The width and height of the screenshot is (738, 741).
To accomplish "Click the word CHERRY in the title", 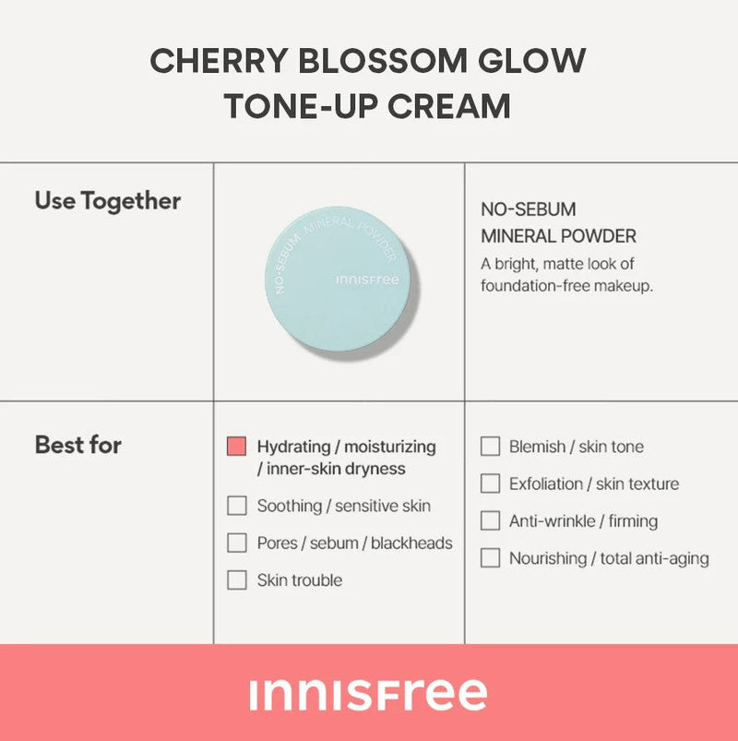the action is pos(219,61).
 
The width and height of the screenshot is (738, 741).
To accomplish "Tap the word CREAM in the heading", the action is pos(449,106).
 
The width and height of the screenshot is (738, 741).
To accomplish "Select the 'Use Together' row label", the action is pos(108,201).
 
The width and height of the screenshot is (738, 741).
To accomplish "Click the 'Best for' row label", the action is pos(78,445).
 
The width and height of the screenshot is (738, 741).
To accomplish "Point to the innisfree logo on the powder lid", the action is pos(367,280).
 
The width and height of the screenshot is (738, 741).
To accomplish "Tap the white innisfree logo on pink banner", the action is pos(368,695).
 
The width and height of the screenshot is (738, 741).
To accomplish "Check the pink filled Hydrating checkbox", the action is pos(236,446).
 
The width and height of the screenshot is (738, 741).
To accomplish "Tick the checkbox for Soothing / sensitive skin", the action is pos(237,506).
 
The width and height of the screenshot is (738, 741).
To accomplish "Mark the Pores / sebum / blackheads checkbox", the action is pos(237,543).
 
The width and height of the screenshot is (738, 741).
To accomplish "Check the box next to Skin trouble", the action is pos(237,580).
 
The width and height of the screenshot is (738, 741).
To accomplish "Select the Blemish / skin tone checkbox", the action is pos(490,446).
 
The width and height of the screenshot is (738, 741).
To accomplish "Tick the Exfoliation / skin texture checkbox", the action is pos(490,484).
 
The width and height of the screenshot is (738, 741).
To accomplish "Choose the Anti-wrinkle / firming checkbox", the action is pos(490,520).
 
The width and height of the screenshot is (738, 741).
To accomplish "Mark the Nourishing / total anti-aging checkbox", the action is pos(490,558).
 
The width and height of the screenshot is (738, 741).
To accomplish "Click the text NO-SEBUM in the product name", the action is pos(529,209).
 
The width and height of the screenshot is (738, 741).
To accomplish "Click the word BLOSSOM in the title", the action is pos(383,61).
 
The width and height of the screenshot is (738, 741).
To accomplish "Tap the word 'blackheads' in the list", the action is pos(411,543).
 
